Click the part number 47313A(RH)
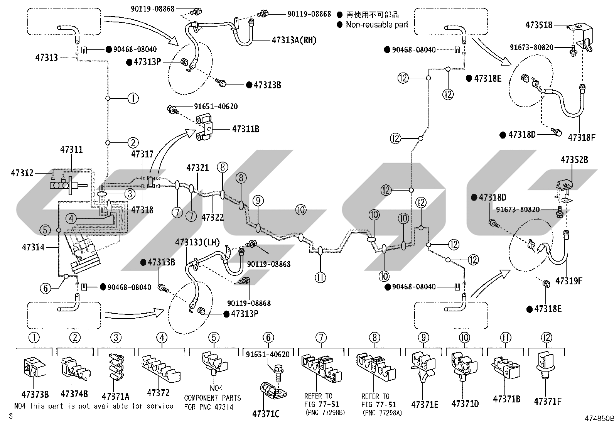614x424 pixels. point(294,40)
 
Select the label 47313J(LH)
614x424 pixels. point(197,242)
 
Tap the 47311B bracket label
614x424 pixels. point(246,129)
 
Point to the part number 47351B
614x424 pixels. point(539,25)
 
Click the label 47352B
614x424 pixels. point(574,160)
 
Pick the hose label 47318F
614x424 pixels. point(582,137)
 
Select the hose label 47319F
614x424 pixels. point(569,281)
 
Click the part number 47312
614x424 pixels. point(22,173)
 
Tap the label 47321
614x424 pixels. point(197,167)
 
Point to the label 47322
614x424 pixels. point(213,217)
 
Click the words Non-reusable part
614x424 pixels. point(377,25)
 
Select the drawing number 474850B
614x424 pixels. point(599,418)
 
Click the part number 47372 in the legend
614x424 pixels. point(158,393)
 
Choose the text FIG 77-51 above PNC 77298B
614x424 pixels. point(322,404)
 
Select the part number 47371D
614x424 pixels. point(465,404)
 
